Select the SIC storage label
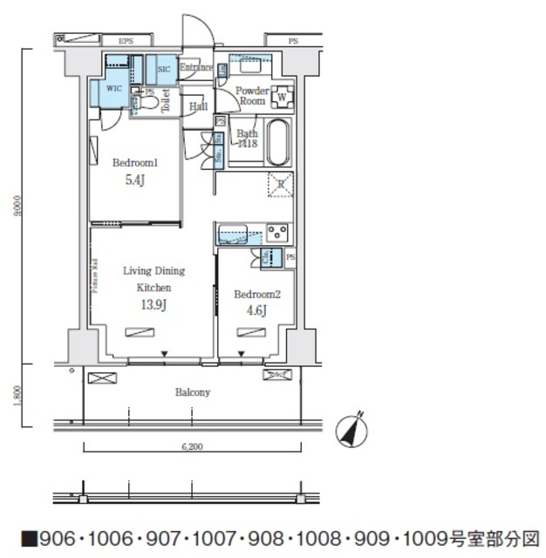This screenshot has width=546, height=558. (163, 69)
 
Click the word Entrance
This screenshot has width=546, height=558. (196, 68)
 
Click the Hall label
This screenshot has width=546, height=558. (198, 106)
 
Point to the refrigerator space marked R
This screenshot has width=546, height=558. (279, 183)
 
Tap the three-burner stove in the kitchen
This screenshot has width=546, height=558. (278, 232)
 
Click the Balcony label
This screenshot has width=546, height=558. (193, 392)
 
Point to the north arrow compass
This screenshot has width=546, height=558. (353, 428)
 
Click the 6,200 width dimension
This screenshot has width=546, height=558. (192, 447)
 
